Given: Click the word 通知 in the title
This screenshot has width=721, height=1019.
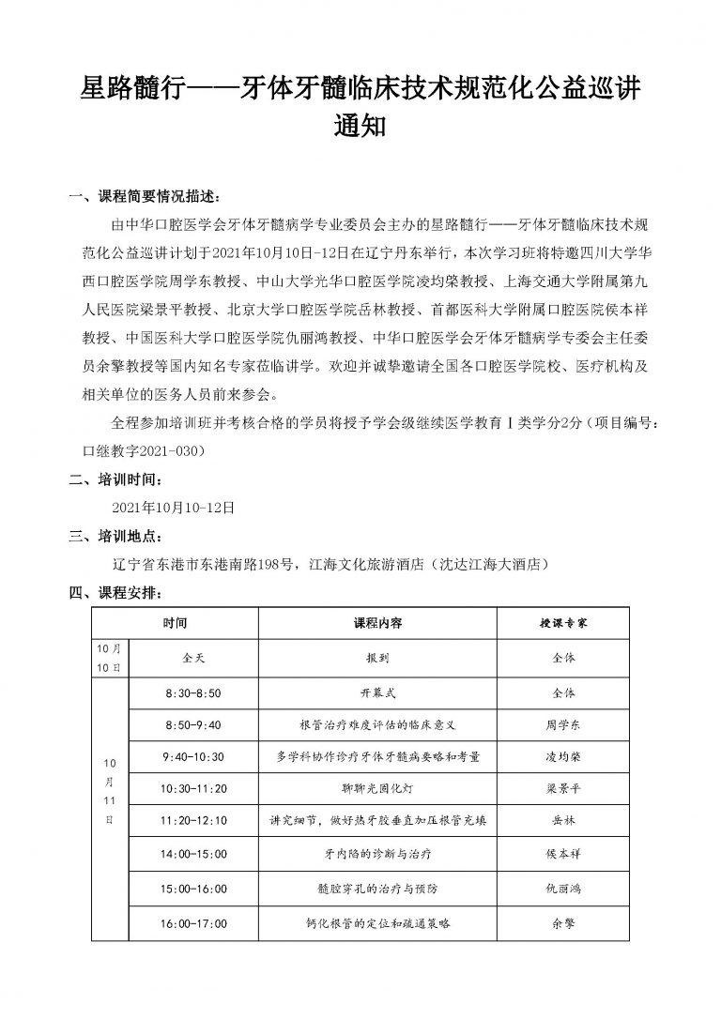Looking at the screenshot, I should (360, 128).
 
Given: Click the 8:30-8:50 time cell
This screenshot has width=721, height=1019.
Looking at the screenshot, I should (193, 694).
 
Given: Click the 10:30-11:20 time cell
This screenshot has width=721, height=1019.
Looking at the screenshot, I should (193, 788).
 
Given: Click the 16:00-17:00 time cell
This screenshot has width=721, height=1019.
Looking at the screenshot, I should (193, 923).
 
